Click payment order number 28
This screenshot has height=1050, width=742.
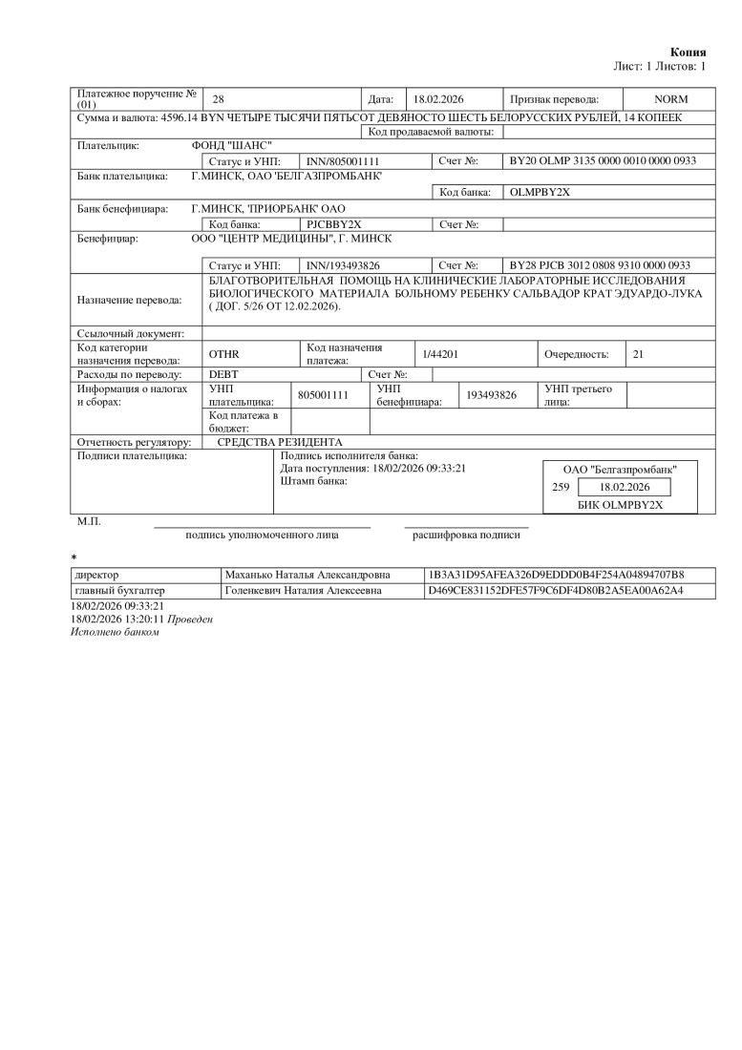[x=218, y=99]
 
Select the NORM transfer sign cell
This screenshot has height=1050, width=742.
[x=670, y=99]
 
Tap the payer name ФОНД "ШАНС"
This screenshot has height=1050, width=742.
[x=225, y=146]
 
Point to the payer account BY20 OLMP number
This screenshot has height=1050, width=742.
[x=603, y=161]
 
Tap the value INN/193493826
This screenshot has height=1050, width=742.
[x=343, y=264]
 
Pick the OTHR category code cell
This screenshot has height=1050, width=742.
[x=223, y=354]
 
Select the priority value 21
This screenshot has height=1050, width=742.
[x=638, y=354]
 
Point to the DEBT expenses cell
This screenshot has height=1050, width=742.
[x=223, y=374]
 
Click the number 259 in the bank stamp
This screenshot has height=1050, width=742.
[x=561, y=487]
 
